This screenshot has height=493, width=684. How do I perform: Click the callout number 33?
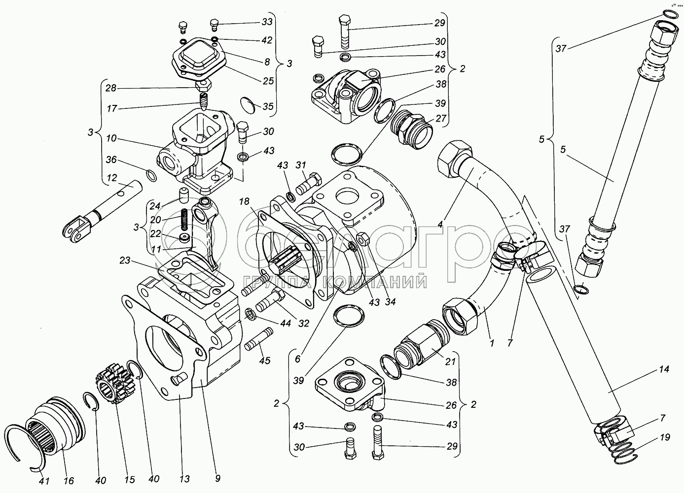point(267,22)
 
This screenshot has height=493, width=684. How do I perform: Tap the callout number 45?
point(265,361)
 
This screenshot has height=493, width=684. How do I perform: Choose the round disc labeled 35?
point(251,106)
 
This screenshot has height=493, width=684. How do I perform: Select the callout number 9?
point(217,477)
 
